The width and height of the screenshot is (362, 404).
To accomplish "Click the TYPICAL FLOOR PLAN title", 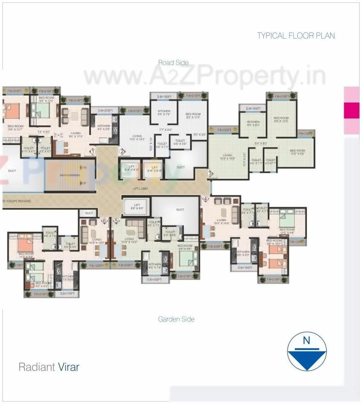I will point(296,35).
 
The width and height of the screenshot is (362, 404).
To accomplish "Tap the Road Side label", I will point(173,62).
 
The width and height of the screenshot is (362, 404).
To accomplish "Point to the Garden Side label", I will point(176,319).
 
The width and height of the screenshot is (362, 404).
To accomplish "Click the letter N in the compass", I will point(306,341).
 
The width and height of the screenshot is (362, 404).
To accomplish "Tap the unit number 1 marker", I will point(92,151).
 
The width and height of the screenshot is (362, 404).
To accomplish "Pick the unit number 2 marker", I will point(122,151).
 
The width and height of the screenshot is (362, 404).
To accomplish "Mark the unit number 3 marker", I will point(210,173).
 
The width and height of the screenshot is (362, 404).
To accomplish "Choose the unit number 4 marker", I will point(205,198).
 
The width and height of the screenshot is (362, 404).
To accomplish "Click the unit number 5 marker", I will point(116,221).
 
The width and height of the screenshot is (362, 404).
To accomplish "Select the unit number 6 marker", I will point(104,221).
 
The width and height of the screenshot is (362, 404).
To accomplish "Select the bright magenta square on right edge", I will point(351,110).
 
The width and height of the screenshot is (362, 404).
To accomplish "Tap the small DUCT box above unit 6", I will point(89,213).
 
